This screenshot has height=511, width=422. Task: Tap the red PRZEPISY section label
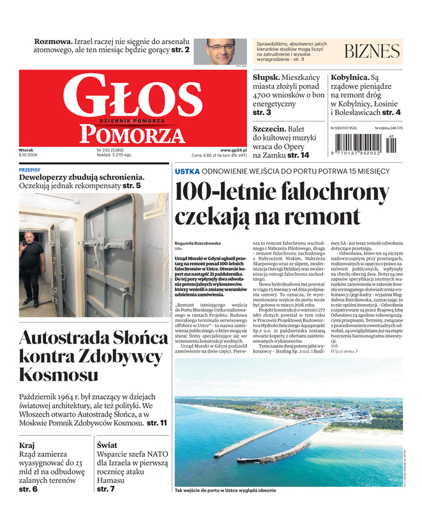pyautogui.click(x=29, y=170)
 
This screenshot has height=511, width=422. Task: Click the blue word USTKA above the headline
pyautogui.click(x=187, y=171)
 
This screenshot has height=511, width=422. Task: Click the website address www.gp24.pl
pyautogui.click(x=233, y=149)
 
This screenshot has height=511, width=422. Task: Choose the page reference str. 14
pyautogui.click(x=298, y=155)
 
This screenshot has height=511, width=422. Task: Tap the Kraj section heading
pyautogui.click(x=27, y=445)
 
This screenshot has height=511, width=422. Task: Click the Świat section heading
pyautogui.click(x=107, y=445)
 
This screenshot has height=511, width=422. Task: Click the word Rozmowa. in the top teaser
pyautogui.click(x=53, y=40)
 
